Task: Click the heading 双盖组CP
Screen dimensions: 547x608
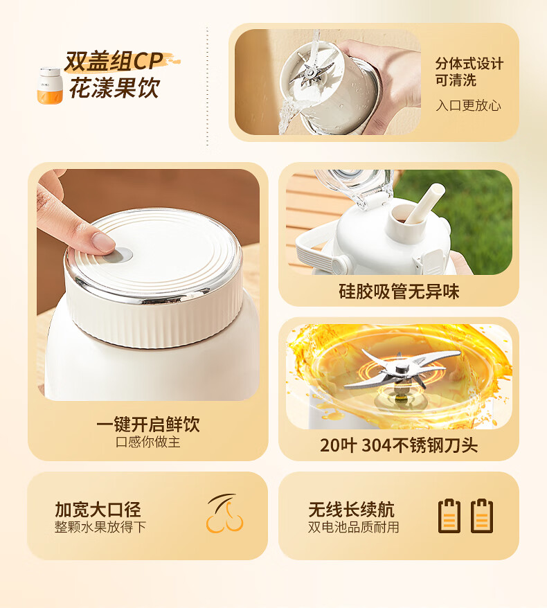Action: [114, 61]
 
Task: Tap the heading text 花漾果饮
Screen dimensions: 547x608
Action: [115, 88]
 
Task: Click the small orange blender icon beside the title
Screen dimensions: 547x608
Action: [50, 86]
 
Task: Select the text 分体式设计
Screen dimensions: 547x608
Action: [469, 63]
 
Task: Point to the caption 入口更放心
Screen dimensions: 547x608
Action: [468, 105]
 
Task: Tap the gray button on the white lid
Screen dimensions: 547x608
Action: [123, 255]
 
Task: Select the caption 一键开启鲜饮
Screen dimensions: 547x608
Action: [148, 424]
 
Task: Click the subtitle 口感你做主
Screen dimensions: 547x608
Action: [148, 442]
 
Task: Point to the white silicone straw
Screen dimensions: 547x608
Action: [424, 203]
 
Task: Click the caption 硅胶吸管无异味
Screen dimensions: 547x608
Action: [399, 292]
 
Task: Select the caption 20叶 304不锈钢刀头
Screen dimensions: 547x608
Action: [399, 445]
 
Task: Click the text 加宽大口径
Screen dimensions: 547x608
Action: [98, 509]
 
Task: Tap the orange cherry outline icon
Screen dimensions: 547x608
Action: [224, 513]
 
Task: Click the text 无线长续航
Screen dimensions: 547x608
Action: [351, 509]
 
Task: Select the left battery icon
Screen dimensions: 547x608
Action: [449, 516]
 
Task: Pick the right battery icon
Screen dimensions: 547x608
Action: [482, 516]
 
